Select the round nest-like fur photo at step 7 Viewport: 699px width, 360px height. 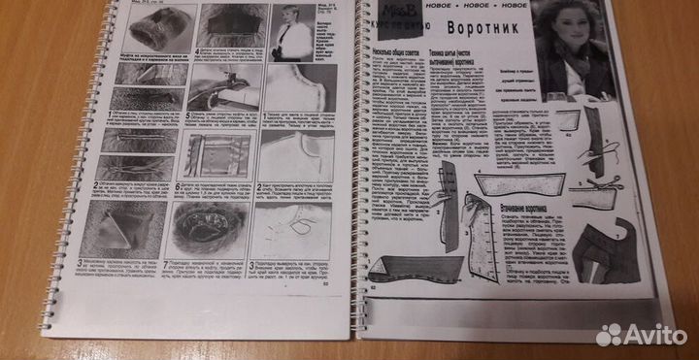tap(199, 229)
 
